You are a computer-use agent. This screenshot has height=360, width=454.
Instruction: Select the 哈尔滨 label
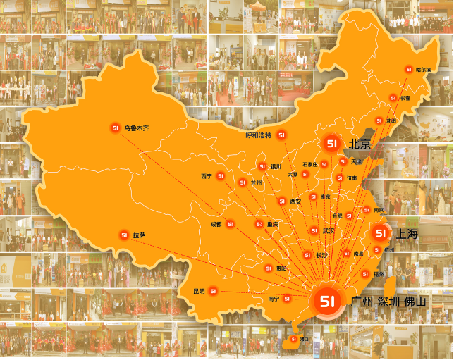[x=423, y=69]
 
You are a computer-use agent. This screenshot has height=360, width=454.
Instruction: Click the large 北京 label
[x=360, y=144]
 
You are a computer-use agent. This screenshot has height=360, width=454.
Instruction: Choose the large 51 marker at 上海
[x=380, y=233]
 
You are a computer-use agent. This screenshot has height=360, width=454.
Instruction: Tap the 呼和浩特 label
[x=258, y=135]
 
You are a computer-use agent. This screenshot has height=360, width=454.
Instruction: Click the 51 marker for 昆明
[x=212, y=291]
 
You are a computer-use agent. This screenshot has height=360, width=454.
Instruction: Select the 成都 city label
[x=216, y=225]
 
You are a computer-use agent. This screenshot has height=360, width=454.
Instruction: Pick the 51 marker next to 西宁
[x=221, y=175]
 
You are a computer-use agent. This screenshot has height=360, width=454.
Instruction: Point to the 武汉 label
[x=328, y=230]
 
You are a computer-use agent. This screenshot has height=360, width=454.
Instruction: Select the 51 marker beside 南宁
[x=287, y=299]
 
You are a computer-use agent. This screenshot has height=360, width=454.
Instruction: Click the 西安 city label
[x=295, y=201]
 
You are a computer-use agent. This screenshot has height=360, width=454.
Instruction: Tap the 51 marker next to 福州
[x=365, y=273]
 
